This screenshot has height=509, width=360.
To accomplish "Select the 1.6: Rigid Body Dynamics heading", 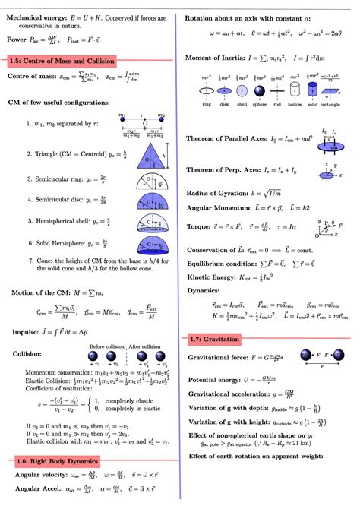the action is (58, 461).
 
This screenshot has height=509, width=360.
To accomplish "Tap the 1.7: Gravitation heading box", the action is (215, 339).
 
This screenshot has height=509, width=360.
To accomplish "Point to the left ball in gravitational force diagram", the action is (305, 354).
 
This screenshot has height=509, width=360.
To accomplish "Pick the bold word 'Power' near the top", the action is (17, 37).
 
